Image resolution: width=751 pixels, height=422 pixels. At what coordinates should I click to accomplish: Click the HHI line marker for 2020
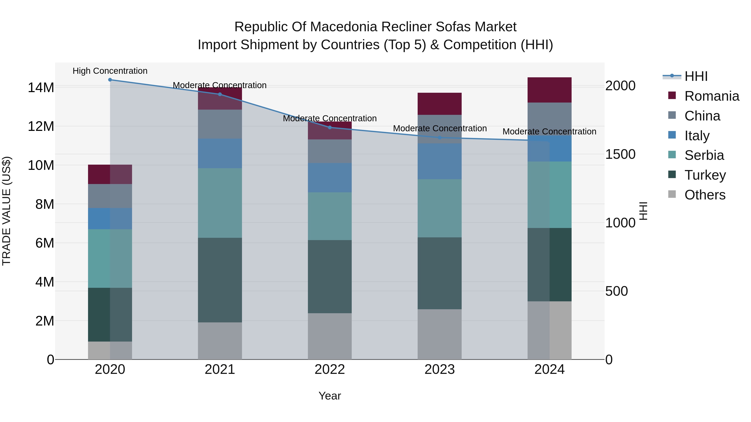pyautogui.click(x=110, y=80)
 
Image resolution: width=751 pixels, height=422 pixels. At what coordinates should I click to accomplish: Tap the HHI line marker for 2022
pyautogui.click(x=330, y=128)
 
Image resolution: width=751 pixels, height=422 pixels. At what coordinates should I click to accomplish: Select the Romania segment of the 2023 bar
pyautogui.click(x=439, y=104)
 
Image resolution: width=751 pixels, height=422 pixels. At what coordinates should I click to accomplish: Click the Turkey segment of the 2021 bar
pyautogui.click(x=220, y=280)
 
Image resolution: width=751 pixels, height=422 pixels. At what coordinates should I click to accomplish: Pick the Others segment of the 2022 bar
pyautogui.click(x=330, y=336)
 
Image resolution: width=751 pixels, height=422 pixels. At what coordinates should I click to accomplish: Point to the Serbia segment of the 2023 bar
pyautogui.click(x=439, y=208)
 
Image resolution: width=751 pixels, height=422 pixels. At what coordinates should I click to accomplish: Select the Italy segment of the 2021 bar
pyautogui.click(x=220, y=153)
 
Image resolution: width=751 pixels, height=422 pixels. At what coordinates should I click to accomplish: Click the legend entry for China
pyautogui.click(x=702, y=116)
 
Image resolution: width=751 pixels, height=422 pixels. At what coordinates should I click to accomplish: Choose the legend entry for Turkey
pyautogui.click(x=705, y=175)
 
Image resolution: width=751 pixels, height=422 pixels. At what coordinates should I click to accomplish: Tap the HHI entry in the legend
pyautogui.click(x=696, y=76)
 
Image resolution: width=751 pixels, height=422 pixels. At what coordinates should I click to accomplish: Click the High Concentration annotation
pyautogui.click(x=110, y=71)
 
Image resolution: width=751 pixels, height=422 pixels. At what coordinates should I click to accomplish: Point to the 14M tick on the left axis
pyautogui.click(x=41, y=87)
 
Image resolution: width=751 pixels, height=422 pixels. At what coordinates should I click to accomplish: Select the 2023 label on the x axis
pyautogui.click(x=439, y=369)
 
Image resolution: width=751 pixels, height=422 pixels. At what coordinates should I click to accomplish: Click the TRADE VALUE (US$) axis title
pyautogui.click(x=6, y=211)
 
